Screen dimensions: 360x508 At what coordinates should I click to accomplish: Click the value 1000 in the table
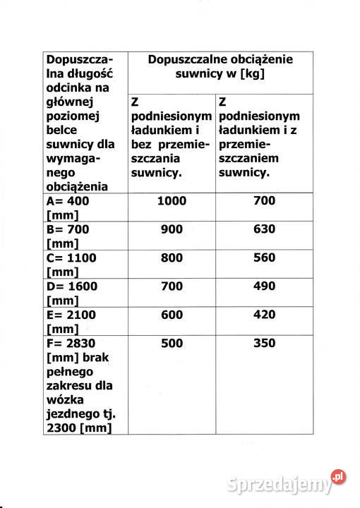(172, 201)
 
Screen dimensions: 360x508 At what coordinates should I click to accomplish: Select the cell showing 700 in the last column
(264, 201)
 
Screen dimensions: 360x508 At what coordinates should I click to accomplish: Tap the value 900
(172, 229)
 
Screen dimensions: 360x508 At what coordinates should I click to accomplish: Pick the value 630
(264, 229)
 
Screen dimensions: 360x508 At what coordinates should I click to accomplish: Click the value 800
(172, 258)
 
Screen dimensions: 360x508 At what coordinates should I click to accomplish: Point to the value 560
(264, 258)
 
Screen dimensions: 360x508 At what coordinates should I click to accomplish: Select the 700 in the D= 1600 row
(172, 286)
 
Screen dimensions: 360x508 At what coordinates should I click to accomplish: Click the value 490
(264, 286)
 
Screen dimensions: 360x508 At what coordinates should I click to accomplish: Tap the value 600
(172, 315)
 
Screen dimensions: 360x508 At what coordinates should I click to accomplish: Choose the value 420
(264, 315)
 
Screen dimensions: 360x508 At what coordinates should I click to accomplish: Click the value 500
(172, 344)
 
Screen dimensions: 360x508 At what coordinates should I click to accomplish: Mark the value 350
(264, 344)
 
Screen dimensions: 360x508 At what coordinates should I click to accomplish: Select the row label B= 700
(71, 229)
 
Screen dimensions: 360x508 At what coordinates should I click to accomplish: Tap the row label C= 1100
(75, 258)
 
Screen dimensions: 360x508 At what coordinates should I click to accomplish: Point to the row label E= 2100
(75, 315)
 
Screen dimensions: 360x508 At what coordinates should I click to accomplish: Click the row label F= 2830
(75, 344)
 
